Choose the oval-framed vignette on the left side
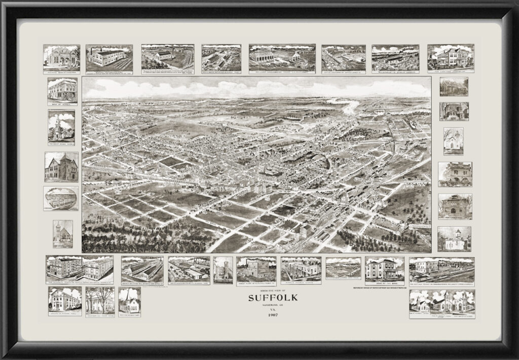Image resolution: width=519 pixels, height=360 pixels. point(61,198)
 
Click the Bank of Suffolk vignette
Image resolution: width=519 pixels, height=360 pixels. point(62,92)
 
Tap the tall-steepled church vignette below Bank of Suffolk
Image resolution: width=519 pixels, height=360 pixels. point(61,127)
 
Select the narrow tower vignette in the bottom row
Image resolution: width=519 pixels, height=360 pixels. point(223,269)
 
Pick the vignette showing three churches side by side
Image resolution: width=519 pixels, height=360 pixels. point(441,304)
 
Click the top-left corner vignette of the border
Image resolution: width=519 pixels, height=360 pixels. point(61,57)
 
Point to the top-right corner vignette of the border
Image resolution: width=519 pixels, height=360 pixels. point(450,58)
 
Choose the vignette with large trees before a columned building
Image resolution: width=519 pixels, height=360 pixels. point(100,301)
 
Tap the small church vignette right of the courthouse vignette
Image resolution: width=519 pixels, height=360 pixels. point(129,301)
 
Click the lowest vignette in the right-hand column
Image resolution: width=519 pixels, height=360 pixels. point(454,239)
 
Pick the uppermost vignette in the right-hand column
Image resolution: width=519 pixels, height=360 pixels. point(454,87)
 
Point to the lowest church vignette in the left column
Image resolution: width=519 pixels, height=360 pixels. point(63,234)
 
